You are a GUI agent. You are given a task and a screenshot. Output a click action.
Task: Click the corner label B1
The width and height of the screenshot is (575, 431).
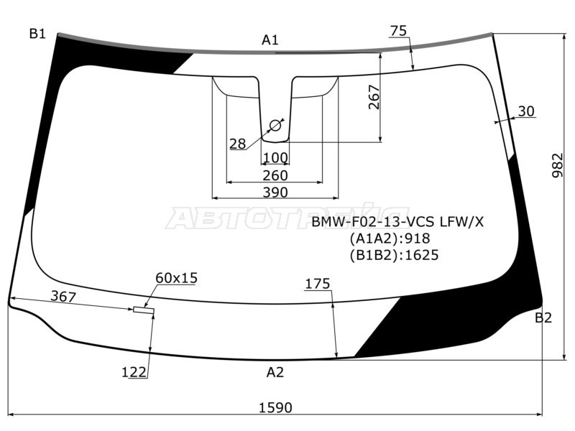click(37, 33)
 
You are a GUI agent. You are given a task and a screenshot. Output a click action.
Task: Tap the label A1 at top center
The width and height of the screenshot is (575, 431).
click(270, 40)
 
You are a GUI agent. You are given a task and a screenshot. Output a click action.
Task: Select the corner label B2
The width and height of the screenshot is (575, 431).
click(543, 318)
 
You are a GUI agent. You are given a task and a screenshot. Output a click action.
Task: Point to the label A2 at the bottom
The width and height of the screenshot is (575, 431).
click(275, 372)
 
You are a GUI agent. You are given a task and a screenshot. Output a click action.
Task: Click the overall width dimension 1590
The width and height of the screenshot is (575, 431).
click(275, 407)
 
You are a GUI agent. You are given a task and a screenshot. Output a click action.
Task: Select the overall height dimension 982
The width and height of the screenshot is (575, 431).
click(558, 165)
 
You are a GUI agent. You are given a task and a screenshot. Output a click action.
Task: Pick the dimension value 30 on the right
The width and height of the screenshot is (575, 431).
click(526, 111)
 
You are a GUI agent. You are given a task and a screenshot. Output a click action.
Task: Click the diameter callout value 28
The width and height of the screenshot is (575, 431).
click(237, 144)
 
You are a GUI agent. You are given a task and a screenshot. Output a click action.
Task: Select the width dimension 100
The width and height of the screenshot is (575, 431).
click(275, 158)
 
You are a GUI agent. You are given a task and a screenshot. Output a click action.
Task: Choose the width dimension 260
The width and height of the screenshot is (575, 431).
click(275, 175)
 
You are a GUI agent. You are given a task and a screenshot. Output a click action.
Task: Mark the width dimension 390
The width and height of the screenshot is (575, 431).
click(275, 192)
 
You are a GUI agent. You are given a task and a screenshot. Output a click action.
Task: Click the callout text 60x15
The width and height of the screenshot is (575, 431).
click(176, 278)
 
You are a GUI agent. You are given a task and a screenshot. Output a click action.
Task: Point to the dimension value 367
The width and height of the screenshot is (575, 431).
click(63, 296)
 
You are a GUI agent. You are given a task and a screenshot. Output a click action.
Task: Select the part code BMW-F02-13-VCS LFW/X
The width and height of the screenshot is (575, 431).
click(397, 221)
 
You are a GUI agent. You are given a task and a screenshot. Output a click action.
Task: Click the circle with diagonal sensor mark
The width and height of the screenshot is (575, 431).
click(275, 126)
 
